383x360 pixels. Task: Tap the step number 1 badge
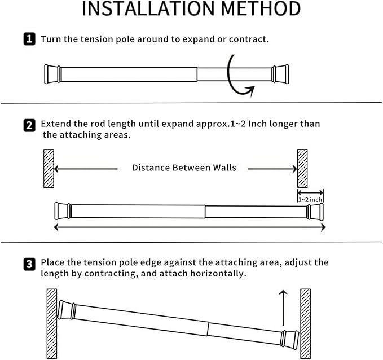pos(29,39)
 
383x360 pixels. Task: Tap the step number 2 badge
pos(29,125)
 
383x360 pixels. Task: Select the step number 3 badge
pos(29,264)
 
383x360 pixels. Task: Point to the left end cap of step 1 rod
pos(52,74)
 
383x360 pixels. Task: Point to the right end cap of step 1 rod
pos(280,74)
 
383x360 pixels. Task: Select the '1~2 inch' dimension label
pos(310,199)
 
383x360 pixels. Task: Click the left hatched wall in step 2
pos(49,168)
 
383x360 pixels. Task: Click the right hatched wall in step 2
pos(302,168)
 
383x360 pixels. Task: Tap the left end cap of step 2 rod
pos(63,210)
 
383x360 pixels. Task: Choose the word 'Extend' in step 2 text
pos(56,124)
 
